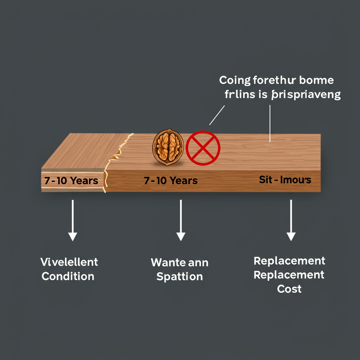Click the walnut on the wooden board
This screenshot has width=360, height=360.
168,147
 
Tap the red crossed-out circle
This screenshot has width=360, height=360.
203,148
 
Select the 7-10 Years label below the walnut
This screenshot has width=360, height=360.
171,181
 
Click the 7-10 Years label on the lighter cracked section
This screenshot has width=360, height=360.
71,181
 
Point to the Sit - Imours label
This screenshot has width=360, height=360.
285,180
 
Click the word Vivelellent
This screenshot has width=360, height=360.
69,262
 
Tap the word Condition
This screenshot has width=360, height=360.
68,276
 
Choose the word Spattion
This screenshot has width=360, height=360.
179,277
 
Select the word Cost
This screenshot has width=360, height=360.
289,289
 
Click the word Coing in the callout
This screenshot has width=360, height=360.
234,81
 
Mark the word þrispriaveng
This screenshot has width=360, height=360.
306,95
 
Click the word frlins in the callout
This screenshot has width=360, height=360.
238,95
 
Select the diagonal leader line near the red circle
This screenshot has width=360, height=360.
217,115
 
